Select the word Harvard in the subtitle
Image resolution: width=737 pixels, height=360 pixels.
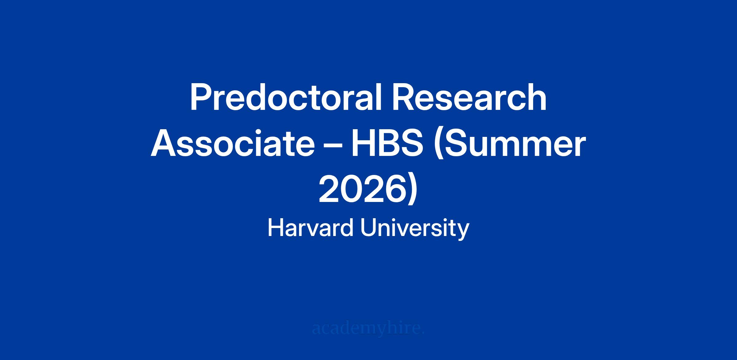[x=310, y=228]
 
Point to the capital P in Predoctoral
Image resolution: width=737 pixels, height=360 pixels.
[x=202, y=98]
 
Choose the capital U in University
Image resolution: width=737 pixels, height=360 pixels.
[x=368, y=228]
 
